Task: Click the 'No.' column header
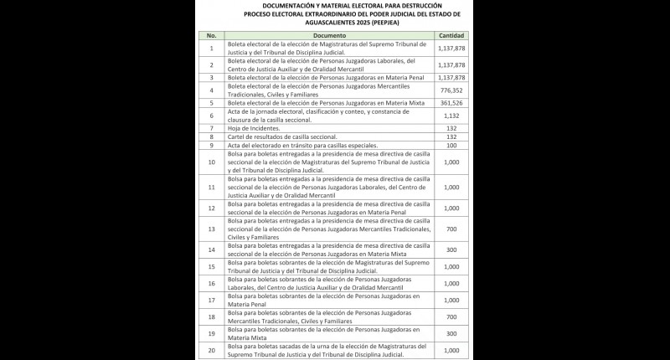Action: point(211,37)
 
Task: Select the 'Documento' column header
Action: point(329,37)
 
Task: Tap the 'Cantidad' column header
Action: point(451,37)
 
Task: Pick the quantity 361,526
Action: point(451,103)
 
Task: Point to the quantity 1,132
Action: point(451,116)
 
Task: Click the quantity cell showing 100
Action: point(451,146)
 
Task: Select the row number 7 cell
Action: point(211,127)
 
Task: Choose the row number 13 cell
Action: point(211,229)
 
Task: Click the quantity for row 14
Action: point(451,249)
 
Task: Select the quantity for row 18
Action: point(451,317)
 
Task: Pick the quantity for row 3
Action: point(451,77)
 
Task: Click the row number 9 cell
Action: point(211,146)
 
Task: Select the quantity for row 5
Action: point(451,103)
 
